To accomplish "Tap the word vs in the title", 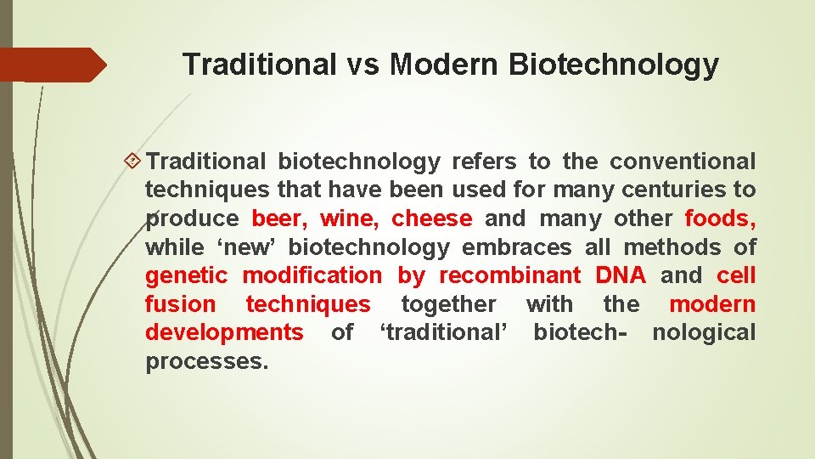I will coord(363,65).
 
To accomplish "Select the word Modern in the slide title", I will coord(441,65).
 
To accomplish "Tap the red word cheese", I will coord(431,218).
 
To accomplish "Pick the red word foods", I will coord(720,218).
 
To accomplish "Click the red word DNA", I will coord(621,275).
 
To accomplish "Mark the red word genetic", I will coord(187,275).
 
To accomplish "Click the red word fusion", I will coord(181,304).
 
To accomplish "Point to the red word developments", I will coord(224,332).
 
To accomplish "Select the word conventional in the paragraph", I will coord(683,161).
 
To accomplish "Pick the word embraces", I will coord(517,247).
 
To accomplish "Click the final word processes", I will coord(206,361).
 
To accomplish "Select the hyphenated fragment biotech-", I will coord(581,332).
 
